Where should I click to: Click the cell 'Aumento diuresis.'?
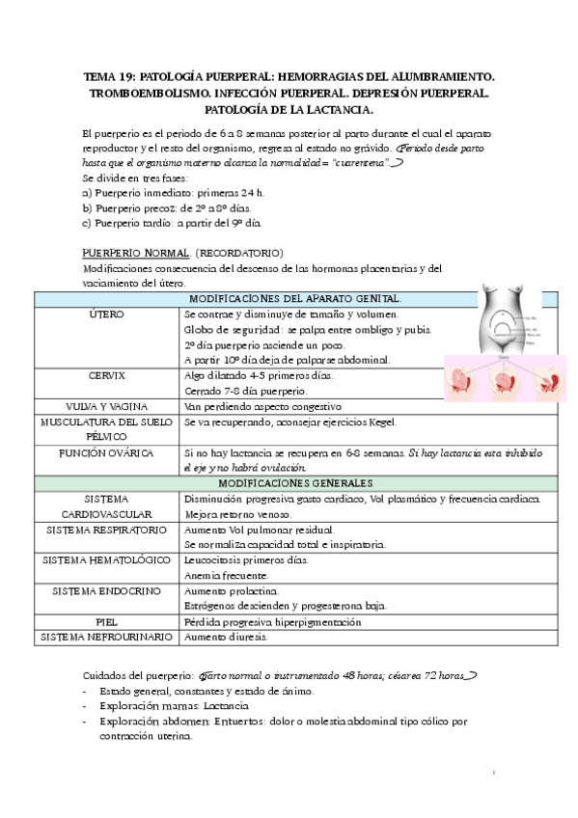pos(227,638)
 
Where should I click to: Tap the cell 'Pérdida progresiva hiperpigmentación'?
pos(272,622)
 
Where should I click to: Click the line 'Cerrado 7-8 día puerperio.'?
pos(245,391)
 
